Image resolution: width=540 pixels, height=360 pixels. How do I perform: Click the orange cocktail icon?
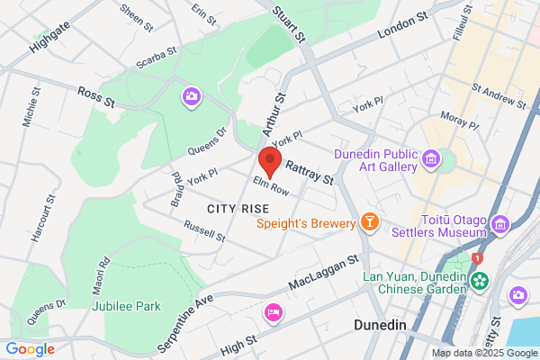pyautogui.click(x=368, y=221)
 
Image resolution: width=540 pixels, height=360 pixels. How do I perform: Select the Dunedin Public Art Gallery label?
pyautogui.click(x=375, y=160)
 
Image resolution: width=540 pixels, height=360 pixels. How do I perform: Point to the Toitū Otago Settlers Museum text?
pyautogui.click(x=454, y=225)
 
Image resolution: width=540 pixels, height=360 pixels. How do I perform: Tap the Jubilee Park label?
pyautogui.click(x=126, y=306)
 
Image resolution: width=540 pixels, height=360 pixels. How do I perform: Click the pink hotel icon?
pyautogui.click(x=272, y=312)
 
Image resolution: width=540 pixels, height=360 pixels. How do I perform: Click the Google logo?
pyautogui.click(x=30, y=348)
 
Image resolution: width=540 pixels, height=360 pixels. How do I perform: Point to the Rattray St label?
pyautogui.click(x=309, y=173)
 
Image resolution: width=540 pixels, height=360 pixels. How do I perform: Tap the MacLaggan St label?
pyautogui.click(x=324, y=272)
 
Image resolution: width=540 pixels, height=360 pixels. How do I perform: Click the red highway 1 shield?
pyautogui.click(x=478, y=258)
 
